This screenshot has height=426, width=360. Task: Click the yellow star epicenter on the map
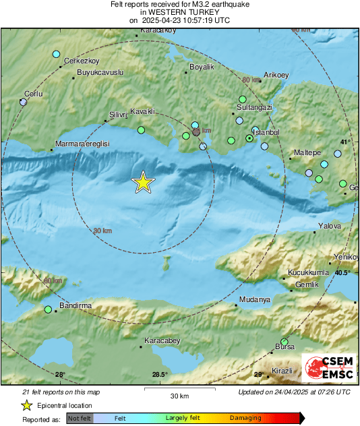pyautogui.click(x=142, y=182)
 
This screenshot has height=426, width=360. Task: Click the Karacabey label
pyautogui.click(x=162, y=341)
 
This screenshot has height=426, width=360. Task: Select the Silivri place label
pyautogui.click(x=117, y=115)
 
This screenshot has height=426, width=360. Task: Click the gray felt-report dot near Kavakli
pyautogui.click(x=196, y=133)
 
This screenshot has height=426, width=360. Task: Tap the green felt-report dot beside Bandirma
pyautogui.click(x=48, y=310)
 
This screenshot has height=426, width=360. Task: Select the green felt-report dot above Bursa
pyautogui.click(x=284, y=342)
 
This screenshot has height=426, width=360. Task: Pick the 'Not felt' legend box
pyautogui.click(x=80, y=419)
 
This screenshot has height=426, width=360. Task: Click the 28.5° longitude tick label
pyautogui.click(x=159, y=375)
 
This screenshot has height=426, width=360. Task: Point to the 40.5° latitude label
pyautogui.click(x=342, y=273)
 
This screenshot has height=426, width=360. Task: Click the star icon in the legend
pyautogui.click(x=26, y=405)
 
